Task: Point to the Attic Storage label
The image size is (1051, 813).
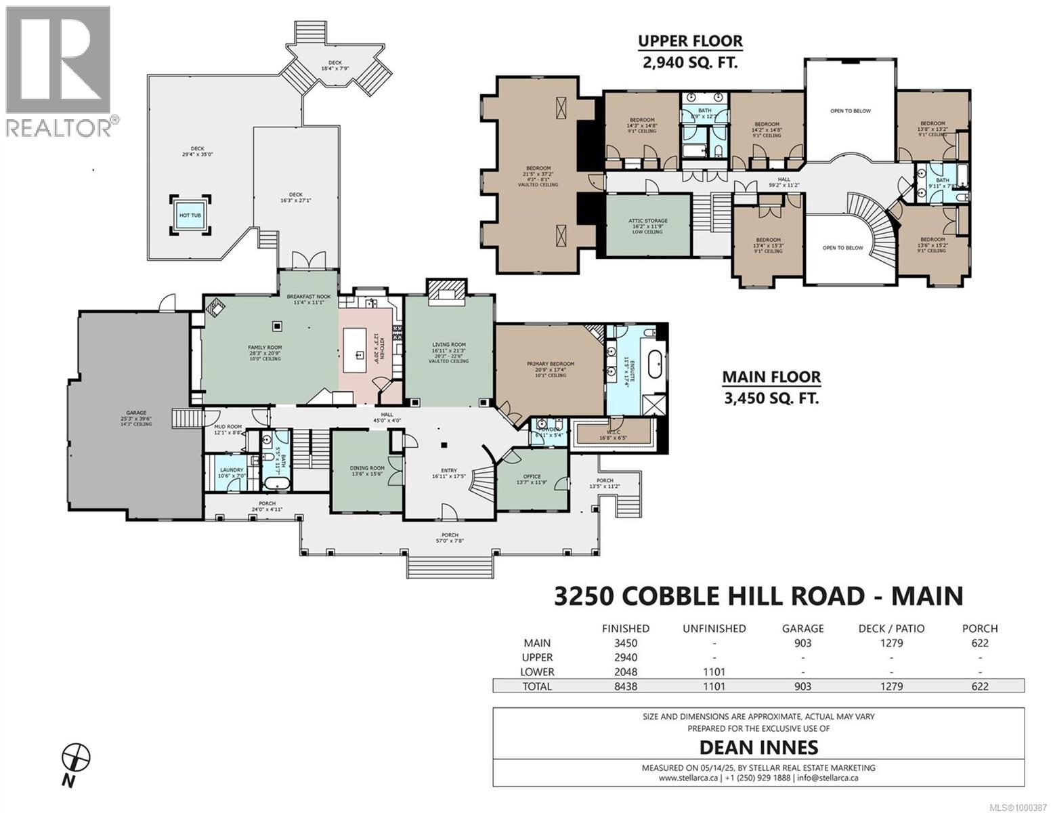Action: pos(648,221)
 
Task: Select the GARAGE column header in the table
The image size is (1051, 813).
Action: pos(803,628)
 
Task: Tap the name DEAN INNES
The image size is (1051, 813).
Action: pos(758,747)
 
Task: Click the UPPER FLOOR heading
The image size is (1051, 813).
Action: pos(690,41)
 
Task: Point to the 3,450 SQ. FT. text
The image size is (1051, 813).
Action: pos(771,398)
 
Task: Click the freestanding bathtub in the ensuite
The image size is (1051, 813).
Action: pos(655,364)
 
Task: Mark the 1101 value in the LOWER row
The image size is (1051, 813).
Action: pos(714,672)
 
